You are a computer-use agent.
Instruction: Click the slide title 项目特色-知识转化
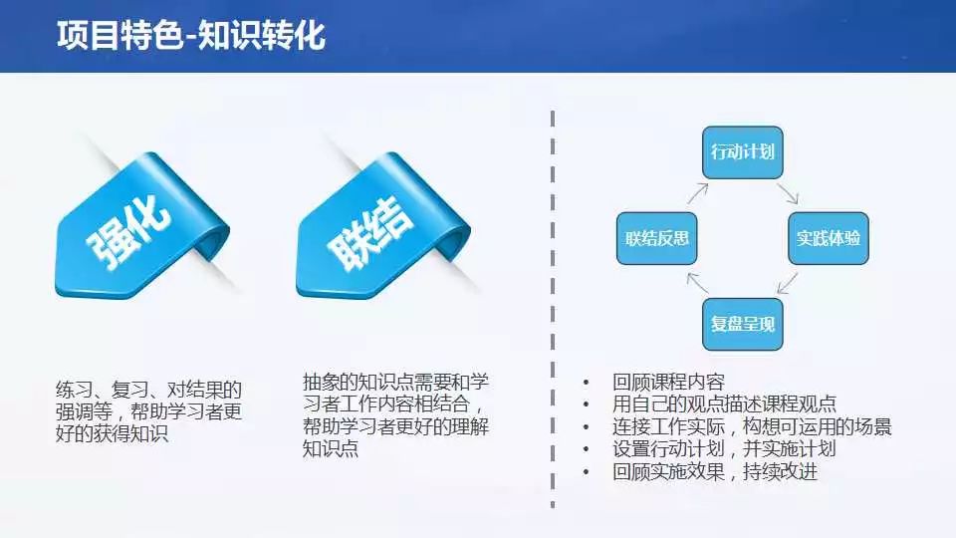(x=191, y=35)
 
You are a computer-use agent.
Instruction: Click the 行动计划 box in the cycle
(x=743, y=152)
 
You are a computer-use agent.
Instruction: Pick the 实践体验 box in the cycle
(x=828, y=238)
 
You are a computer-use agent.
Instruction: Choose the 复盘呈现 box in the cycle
(x=743, y=324)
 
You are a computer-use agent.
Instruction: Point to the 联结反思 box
(x=656, y=238)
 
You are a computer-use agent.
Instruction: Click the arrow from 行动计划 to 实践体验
(x=788, y=193)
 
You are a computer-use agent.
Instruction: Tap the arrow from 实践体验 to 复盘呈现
(x=787, y=283)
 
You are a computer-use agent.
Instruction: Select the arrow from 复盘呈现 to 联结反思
(x=697, y=283)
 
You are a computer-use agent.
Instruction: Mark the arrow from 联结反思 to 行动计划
(x=698, y=193)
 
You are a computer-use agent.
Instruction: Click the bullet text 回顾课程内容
(x=669, y=383)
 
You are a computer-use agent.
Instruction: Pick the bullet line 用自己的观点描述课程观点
(x=724, y=404)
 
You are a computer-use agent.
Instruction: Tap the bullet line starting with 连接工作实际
(x=752, y=427)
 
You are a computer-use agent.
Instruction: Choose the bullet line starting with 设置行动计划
(x=724, y=449)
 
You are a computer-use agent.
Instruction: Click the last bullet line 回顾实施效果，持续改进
(x=715, y=471)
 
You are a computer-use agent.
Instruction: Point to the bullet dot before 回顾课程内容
(x=586, y=383)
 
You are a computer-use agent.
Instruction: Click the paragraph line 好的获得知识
(x=112, y=433)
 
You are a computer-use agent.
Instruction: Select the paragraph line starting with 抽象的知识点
(x=395, y=383)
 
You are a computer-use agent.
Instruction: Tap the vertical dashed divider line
(x=553, y=309)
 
